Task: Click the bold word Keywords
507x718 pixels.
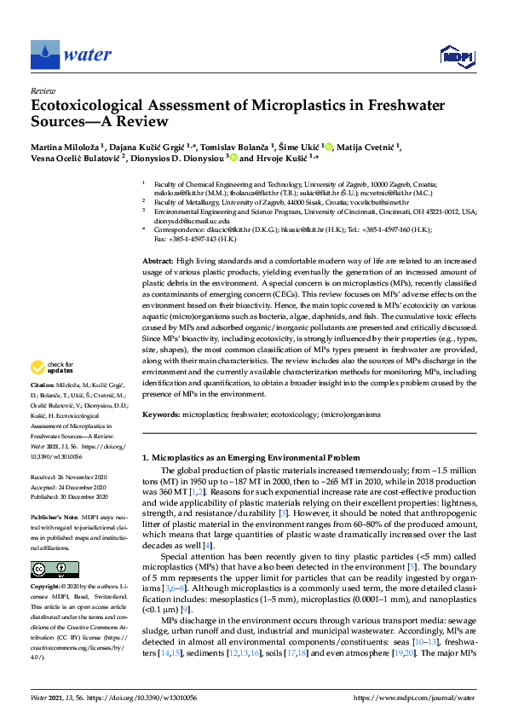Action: (161, 414)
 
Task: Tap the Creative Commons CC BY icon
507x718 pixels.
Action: (49, 569)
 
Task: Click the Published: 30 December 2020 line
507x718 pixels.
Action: (69, 495)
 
